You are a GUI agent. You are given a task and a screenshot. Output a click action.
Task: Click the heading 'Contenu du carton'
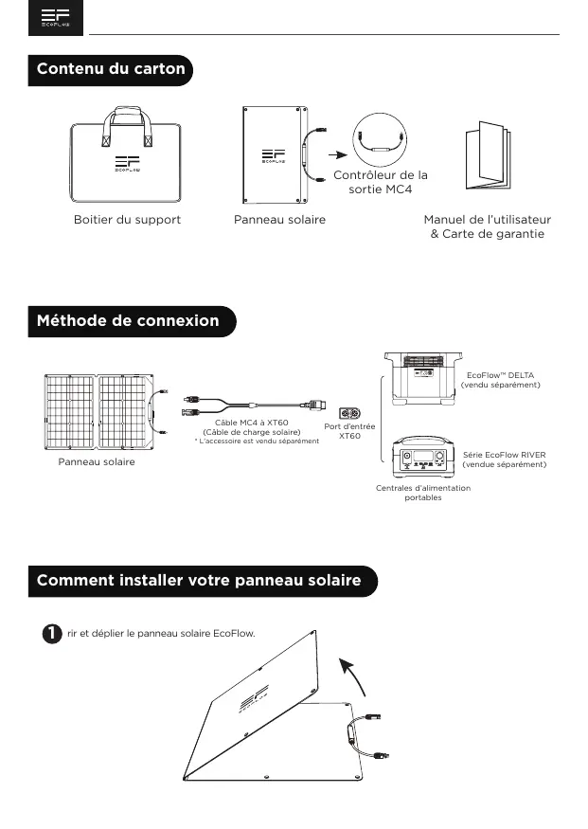110,69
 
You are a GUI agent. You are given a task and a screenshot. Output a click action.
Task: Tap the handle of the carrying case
128,117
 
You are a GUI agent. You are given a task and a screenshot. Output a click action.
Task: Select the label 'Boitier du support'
127,220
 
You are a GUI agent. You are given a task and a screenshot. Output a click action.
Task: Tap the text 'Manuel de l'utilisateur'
487,220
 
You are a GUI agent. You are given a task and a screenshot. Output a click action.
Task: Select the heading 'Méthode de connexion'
127,320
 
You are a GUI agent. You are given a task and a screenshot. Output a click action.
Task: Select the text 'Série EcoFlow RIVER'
504,455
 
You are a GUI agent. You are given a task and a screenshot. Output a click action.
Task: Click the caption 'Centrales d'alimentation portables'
422,493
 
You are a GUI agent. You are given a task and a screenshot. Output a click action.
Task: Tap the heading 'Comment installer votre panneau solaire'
199,579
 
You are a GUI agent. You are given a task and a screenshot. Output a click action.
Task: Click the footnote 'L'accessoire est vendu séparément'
257,442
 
